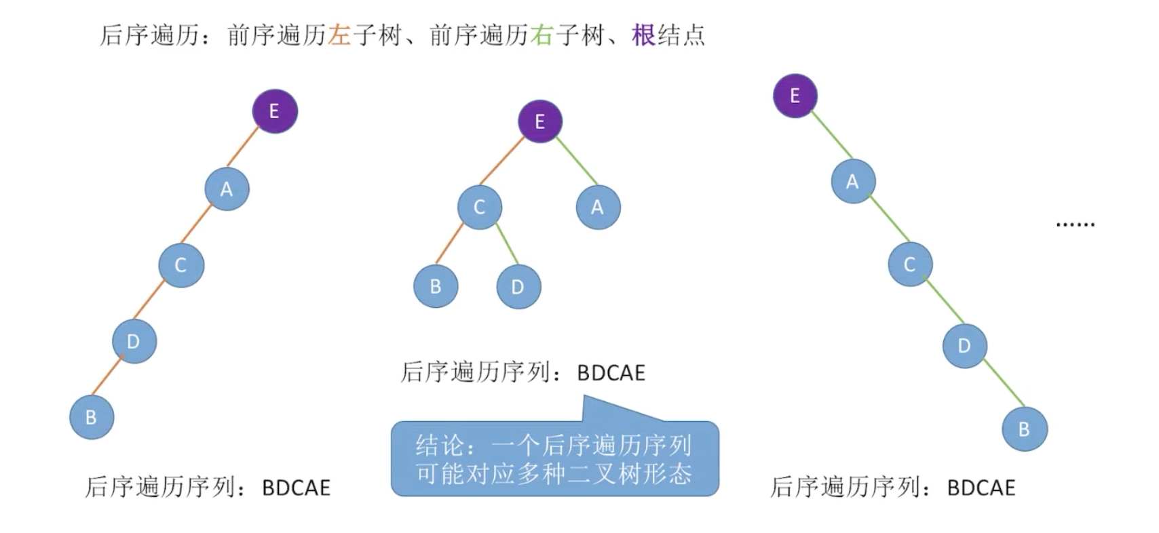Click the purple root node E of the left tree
pyautogui.click(x=275, y=111)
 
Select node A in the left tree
pyautogui.click(x=227, y=189)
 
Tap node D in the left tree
pyautogui.click(x=134, y=341)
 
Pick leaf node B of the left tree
pyautogui.click(x=92, y=417)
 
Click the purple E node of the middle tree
pyautogui.click(x=540, y=122)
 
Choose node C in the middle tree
pyautogui.click(x=479, y=207)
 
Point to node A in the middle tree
pyautogui.click(x=598, y=207)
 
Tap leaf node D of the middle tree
pyautogui.click(x=518, y=287)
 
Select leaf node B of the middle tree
pyautogui.click(x=436, y=286)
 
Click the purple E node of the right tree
pyautogui.click(x=795, y=96)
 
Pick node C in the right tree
pyautogui.click(x=909, y=264)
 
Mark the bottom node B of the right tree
pyautogui.click(x=1025, y=429)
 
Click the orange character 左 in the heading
pyautogui.click(x=339, y=35)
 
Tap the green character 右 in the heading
pyautogui.click(x=541, y=35)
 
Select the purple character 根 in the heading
pyautogui.click(x=643, y=35)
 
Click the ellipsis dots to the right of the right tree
pyautogui.click(x=1076, y=224)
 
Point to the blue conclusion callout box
pyautogui.click(x=554, y=459)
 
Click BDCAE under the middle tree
pyautogui.click(x=611, y=373)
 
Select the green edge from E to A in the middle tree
pyautogui.click(x=577, y=161)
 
